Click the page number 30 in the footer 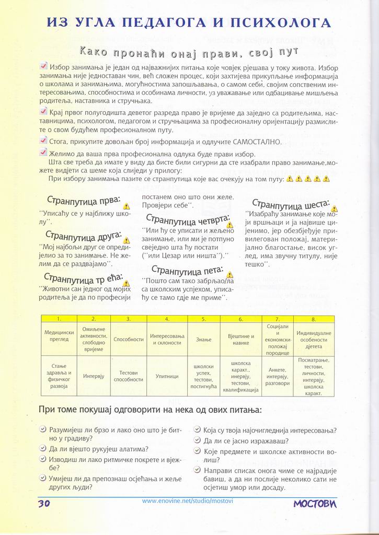[43, 503]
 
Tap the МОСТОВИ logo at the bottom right [315, 504]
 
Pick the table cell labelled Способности [128, 339]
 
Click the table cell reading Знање [203, 339]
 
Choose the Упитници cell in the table [167, 376]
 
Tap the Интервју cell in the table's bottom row [94, 376]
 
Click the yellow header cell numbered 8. [314, 319]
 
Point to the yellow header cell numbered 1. [59, 319]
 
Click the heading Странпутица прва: [84, 200]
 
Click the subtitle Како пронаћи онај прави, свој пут [189, 52]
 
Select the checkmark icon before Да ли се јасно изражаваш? [198, 440]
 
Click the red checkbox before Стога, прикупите [44, 141]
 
